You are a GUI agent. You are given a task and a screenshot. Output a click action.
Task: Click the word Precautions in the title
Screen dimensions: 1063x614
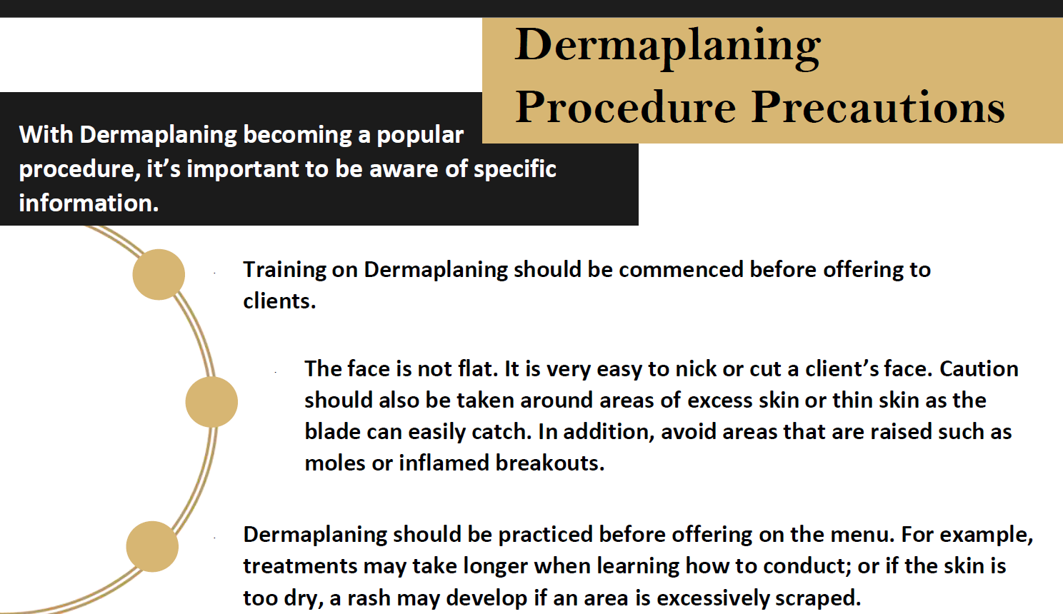pyautogui.click(x=878, y=107)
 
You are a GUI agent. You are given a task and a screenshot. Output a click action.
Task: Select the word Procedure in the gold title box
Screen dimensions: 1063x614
pyautogui.click(x=626, y=107)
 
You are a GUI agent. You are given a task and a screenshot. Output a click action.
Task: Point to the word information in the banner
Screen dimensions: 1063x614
pyautogui.click(x=89, y=203)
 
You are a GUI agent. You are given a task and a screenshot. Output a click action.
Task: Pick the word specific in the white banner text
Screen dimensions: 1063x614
pyautogui.click(x=515, y=170)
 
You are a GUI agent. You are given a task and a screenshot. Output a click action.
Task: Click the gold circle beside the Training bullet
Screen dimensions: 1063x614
pyautogui.click(x=159, y=275)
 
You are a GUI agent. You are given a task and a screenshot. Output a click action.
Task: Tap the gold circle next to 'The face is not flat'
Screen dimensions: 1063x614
pyautogui.click(x=211, y=402)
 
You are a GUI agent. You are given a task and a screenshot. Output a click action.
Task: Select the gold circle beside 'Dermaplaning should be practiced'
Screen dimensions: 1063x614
pyautogui.click(x=152, y=547)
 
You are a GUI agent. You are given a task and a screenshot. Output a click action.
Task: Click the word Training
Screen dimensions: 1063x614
pyautogui.click(x=285, y=271)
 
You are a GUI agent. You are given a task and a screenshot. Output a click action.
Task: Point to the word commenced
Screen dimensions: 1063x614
pyautogui.click(x=681, y=270)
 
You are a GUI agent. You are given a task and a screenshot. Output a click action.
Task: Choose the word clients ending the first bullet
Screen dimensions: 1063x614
pyautogui.click(x=279, y=301)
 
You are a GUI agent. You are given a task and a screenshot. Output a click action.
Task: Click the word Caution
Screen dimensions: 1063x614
pyautogui.click(x=979, y=369)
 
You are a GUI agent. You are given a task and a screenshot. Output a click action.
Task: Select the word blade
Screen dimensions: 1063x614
pyautogui.click(x=332, y=432)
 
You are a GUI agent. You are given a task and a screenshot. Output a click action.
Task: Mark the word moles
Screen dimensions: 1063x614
pyautogui.click(x=335, y=463)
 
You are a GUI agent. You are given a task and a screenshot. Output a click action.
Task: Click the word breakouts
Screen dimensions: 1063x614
pyautogui.click(x=550, y=463)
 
